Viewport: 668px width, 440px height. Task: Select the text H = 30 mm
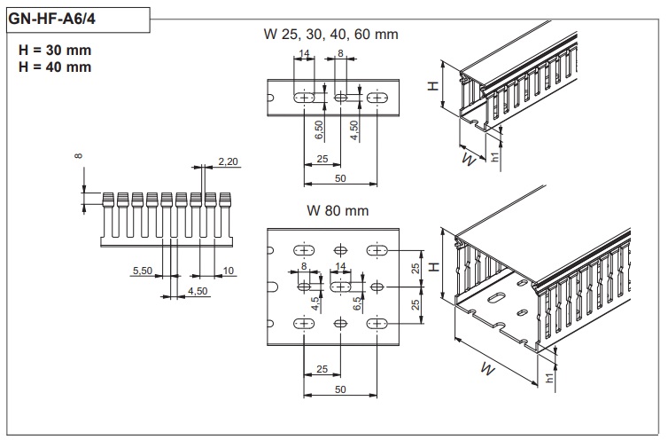(x=54, y=50)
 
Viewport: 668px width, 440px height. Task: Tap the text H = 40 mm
(x=54, y=67)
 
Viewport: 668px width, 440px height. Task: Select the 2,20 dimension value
(x=228, y=162)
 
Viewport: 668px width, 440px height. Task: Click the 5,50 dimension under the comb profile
(x=142, y=270)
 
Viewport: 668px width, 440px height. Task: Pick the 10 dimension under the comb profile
(x=228, y=270)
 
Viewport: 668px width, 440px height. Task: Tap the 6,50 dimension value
(x=320, y=132)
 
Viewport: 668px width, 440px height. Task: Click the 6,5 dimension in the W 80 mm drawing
(x=357, y=304)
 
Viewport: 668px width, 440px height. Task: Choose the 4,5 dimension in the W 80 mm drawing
(x=315, y=302)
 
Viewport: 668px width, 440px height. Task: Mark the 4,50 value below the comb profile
(x=198, y=290)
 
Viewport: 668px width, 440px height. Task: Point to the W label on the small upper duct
(x=468, y=160)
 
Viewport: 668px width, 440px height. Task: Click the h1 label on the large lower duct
(x=549, y=378)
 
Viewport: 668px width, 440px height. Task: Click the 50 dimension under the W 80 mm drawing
(x=340, y=389)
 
